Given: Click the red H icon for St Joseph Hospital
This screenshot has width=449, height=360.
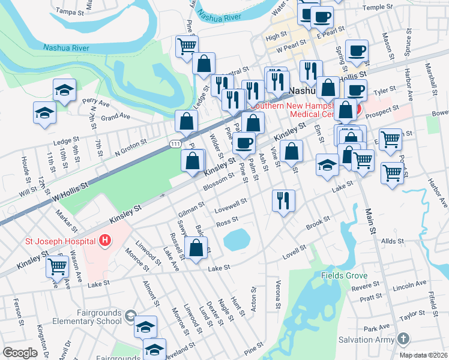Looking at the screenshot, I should pyautogui.click(x=106, y=241).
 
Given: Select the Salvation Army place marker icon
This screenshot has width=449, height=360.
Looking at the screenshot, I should pyautogui.click(x=405, y=339).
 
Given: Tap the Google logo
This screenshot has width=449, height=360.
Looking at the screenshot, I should pyautogui.click(x=20, y=353).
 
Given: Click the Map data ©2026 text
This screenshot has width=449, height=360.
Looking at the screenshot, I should pyautogui.click(x=423, y=355).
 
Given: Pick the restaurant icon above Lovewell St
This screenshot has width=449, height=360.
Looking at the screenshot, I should pyautogui.click(x=283, y=199).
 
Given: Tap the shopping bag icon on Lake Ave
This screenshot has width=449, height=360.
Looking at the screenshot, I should pyautogui.click(x=196, y=247).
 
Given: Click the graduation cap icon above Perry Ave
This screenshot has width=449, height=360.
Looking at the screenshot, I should pyautogui.click(x=64, y=90).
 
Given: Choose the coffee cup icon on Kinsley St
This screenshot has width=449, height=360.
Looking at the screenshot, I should pyautogui.click(x=244, y=143).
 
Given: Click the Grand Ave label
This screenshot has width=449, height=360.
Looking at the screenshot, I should pyautogui.click(x=115, y=116).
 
